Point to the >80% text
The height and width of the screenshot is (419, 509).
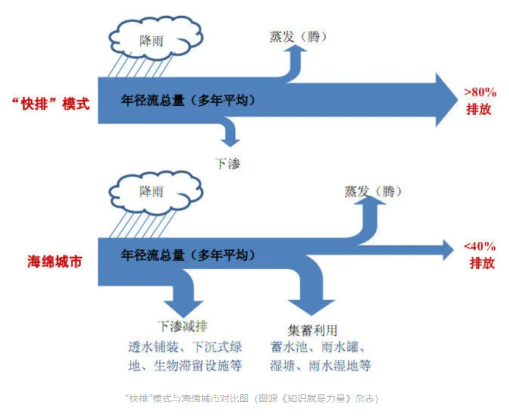click(479, 92)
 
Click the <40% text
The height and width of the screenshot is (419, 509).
click(479, 247)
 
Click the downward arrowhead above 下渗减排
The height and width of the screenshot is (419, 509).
click(184, 306)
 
